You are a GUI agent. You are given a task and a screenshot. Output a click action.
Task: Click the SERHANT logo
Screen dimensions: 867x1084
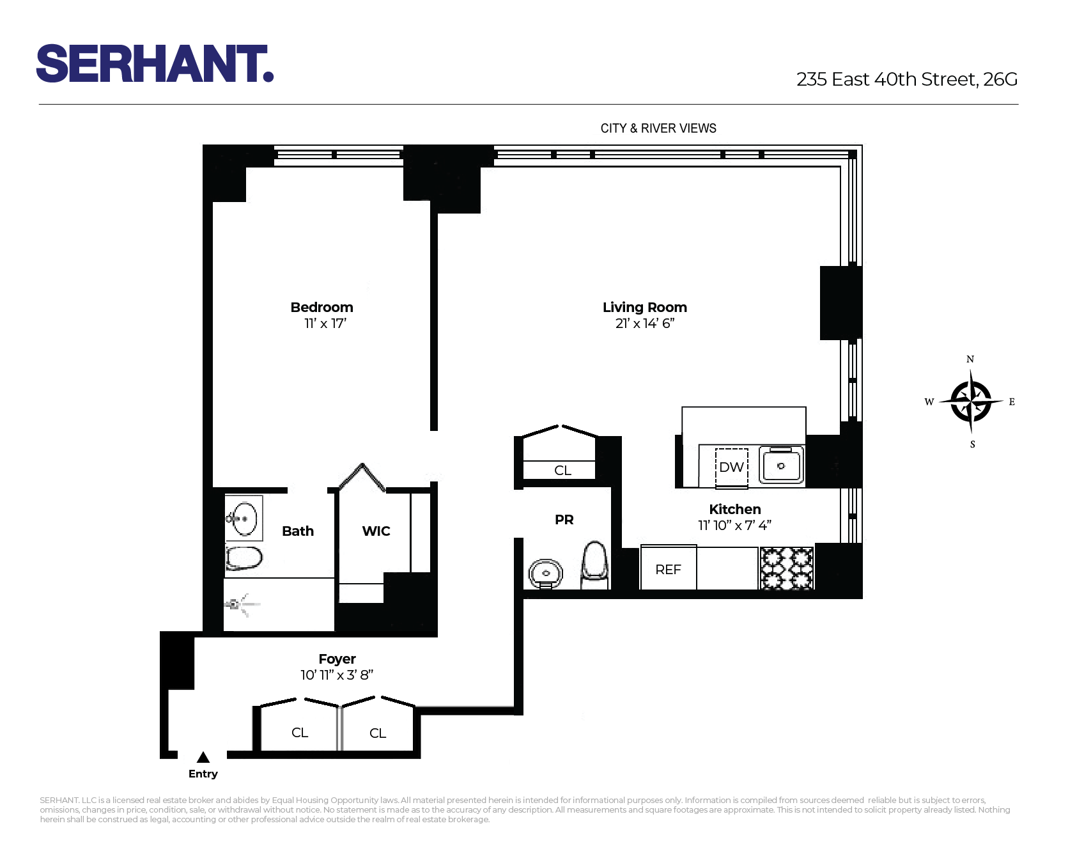tap(155, 64)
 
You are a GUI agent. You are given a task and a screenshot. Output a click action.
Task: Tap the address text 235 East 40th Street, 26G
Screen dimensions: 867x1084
tap(906, 79)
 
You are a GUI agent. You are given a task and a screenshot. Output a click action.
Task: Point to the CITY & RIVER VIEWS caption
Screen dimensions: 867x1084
tap(658, 129)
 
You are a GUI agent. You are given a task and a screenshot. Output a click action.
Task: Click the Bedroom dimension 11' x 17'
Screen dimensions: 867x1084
tap(325, 324)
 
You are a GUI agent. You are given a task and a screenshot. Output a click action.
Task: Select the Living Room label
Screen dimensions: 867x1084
tap(644, 308)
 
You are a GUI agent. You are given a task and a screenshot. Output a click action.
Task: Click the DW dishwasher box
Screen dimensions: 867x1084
tap(731, 467)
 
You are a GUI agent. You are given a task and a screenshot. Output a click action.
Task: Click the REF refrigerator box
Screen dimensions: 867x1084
tap(668, 569)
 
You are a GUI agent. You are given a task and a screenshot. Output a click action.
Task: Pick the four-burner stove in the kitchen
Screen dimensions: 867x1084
tap(786, 568)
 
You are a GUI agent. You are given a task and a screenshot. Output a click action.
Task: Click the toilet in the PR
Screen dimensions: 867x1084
tap(594, 565)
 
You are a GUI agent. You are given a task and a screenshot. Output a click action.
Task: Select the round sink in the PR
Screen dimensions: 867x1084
tap(545, 573)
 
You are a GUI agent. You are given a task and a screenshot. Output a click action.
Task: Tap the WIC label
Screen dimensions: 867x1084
tap(376, 531)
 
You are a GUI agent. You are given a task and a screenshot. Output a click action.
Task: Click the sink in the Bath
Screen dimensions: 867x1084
tap(244, 519)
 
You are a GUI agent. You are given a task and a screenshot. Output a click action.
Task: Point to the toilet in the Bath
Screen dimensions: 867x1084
tap(244, 558)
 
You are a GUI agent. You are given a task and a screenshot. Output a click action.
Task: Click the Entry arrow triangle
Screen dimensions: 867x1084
tap(203, 758)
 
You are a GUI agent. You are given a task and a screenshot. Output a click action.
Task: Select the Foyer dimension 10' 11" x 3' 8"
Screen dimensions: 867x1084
tap(337, 675)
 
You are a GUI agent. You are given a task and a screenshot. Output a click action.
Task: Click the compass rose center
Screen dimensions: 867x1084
tap(971, 402)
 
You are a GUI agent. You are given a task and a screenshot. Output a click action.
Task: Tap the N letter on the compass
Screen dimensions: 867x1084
tap(970, 359)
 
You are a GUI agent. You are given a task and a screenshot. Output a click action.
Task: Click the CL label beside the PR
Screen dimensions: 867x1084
tap(562, 471)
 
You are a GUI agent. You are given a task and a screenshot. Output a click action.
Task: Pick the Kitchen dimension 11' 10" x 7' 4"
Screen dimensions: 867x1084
tap(734, 526)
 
